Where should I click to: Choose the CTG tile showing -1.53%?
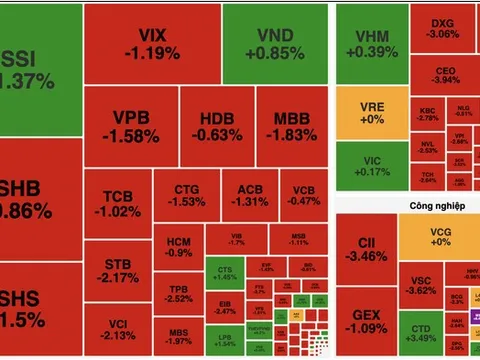coord(186,195)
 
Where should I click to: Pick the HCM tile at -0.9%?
coord(179,246)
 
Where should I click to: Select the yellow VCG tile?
coord(440,237)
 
